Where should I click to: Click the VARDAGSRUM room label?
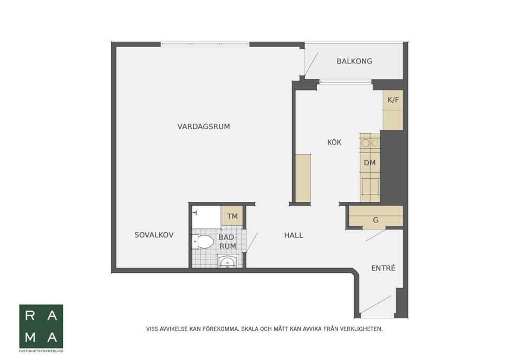pyautogui.click(x=204, y=127)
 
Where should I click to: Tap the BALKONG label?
pyautogui.click(x=354, y=61)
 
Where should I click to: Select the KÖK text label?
pyautogui.click(x=334, y=142)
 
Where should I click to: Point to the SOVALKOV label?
pyautogui.click(x=154, y=235)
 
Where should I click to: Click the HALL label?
pyautogui.click(x=294, y=235)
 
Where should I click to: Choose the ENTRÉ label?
pyautogui.click(x=383, y=268)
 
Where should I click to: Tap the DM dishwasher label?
pyautogui.click(x=369, y=163)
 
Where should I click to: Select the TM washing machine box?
pyautogui.click(x=232, y=217)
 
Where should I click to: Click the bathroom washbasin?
pyautogui.click(x=227, y=263)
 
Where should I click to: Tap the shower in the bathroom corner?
pyautogui.click(x=206, y=217)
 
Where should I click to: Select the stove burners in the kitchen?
pyautogui.click(x=370, y=143)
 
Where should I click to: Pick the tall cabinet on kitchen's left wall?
pyautogui.click(x=303, y=178)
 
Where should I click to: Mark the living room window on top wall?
pyautogui.click(x=205, y=44)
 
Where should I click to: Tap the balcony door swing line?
pyautogui.click(x=311, y=64)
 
